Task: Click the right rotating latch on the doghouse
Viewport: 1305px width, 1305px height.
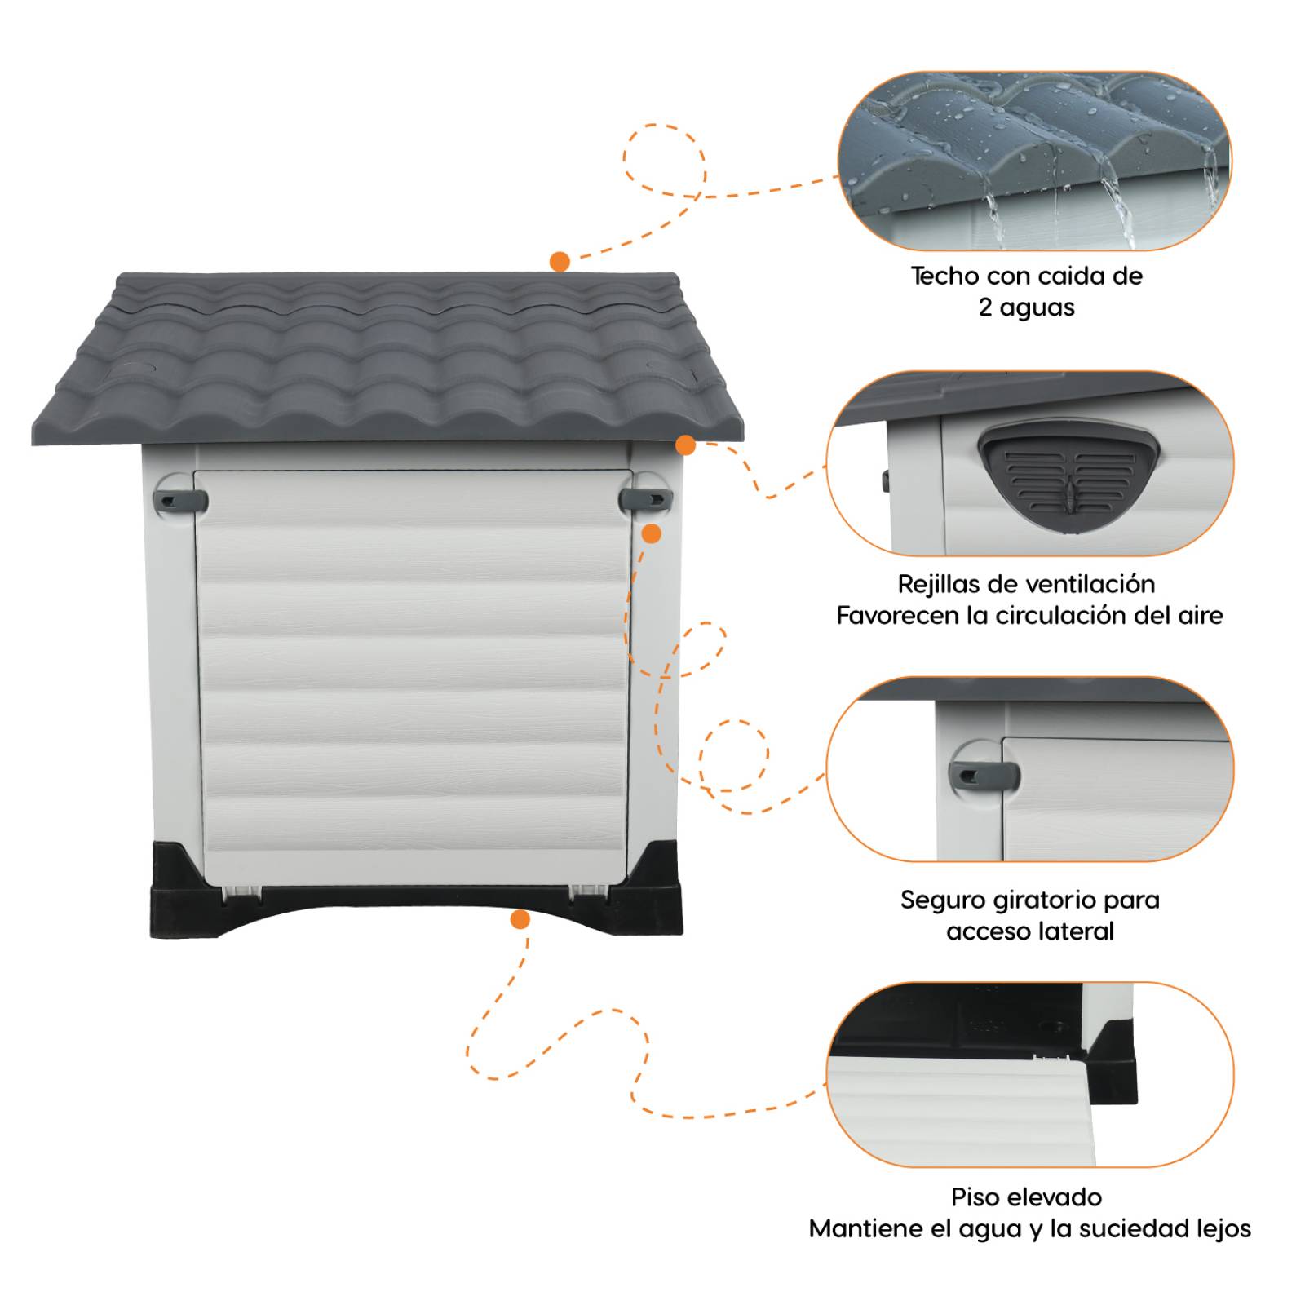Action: (644, 498)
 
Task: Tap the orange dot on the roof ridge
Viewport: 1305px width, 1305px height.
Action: (560, 262)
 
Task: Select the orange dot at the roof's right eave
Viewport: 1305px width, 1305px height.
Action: (685, 445)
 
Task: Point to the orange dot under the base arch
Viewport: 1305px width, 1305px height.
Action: (520, 920)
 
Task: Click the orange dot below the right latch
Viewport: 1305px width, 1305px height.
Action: (651, 534)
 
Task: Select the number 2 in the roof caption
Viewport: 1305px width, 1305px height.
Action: (985, 307)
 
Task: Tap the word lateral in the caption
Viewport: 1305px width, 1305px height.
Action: (1077, 931)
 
